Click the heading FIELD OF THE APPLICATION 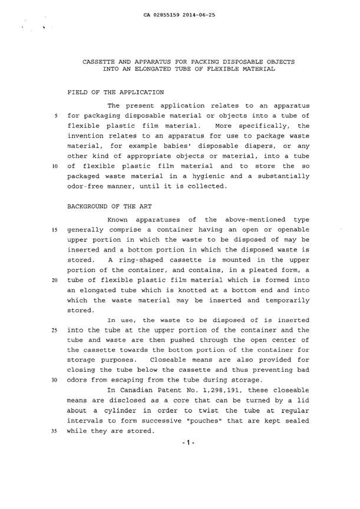click(x=110, y=93)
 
